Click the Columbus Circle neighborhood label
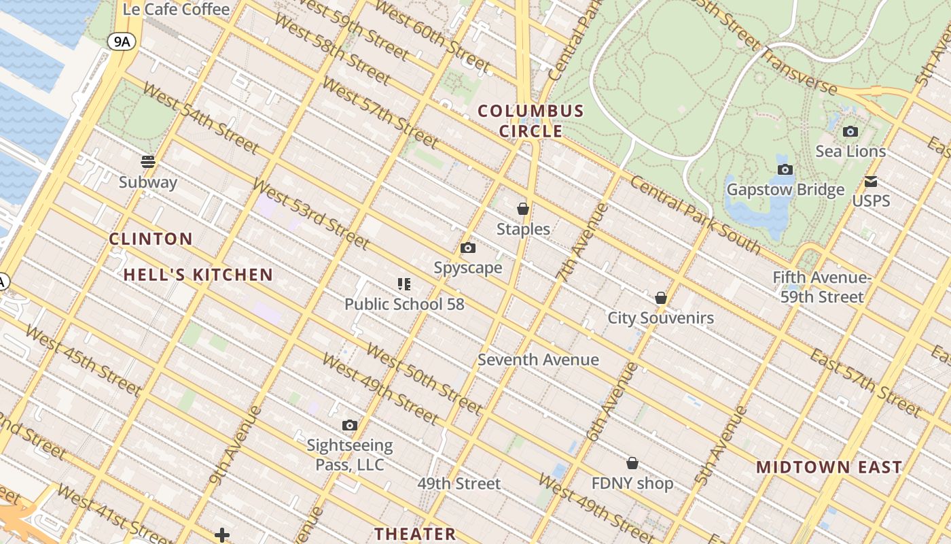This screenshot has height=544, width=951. coord(531,120)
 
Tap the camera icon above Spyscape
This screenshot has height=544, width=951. coord(468,248)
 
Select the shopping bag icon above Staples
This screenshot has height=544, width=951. coord(523,209)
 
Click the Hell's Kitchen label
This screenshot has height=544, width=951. coord(198,275)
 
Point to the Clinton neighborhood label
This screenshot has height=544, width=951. coord(151,239)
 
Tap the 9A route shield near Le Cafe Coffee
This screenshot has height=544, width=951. coord(122,42)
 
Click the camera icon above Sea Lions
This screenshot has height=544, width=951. coord(850,132)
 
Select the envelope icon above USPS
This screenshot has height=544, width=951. coord(871,182)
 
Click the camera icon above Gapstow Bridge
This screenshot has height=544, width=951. coord(785,169)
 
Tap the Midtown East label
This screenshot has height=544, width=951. coord(829,467)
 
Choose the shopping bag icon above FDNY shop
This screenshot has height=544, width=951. coord(632,463)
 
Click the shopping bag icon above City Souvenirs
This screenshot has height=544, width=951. coord(661,298)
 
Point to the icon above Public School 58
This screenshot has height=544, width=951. coord(404,284)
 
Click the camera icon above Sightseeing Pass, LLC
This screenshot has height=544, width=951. coord(350,426)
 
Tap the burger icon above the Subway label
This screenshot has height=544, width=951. coord(148,162)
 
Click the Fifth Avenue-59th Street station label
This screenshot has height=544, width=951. coord(822,287)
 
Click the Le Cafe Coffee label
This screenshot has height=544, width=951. coord(176,9)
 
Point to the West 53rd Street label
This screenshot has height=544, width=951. coord(310,213)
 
